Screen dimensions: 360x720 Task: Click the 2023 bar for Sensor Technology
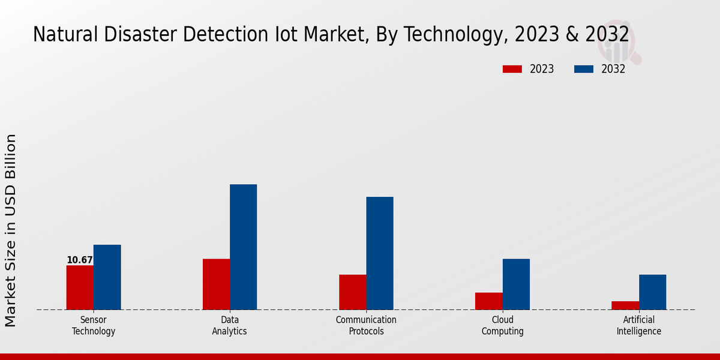point(80,287)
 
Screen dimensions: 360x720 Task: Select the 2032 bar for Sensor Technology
point(107,277)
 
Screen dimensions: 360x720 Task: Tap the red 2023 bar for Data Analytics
point(216,284)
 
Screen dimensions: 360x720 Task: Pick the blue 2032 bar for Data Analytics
point(244,247)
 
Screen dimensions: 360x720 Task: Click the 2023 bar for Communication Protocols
point(353,292)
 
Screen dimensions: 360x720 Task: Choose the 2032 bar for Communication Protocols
point(380,253)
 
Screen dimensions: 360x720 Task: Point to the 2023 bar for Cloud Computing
point(489,301)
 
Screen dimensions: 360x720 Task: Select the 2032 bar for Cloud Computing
point(516,284)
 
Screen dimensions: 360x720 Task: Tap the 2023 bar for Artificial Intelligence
point(625,305)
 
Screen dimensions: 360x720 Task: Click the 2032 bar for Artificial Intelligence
point(652,292)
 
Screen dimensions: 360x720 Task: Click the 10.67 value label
point(80,260)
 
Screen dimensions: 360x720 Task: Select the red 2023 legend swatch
point(512,69)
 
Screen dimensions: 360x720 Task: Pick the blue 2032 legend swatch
point(584,69)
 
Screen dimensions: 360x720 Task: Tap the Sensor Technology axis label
point(94,325)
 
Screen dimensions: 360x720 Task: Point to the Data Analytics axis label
point(229,325)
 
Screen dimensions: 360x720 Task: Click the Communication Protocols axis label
point(366,325)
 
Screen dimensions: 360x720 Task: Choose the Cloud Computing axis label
point(503,325)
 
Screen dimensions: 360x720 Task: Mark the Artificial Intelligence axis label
point(639,325)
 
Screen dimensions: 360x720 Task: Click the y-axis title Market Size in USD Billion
point(11,230)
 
